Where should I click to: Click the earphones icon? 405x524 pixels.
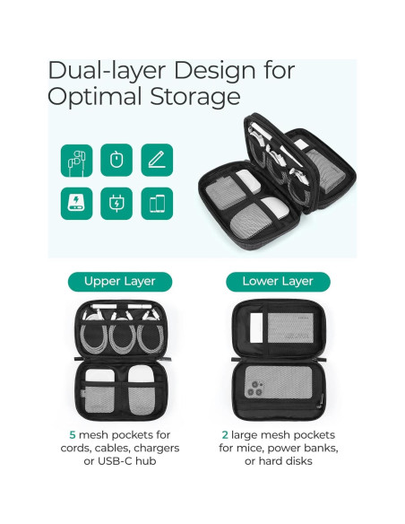pyautogui.click(x=74, y=161)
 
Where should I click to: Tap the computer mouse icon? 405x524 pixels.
pyautogui.click(x=116, y=161)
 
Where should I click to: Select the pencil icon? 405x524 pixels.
pyautogui.click(x=157, y=161)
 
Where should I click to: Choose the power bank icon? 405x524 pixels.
pyautogui.click(x=74, y=202)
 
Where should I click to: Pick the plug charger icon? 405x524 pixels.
pyautogui.click(x=116, y=202)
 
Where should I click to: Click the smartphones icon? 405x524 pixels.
pyautogui.click(x=157, y=202)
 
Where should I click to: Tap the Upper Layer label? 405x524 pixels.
pyautogui.click(x=120, y=282)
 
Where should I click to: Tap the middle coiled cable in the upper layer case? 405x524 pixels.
pyautogui.click(x=120, y=339)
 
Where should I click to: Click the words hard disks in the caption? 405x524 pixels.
pyautogui.click(x=298, y=462)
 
